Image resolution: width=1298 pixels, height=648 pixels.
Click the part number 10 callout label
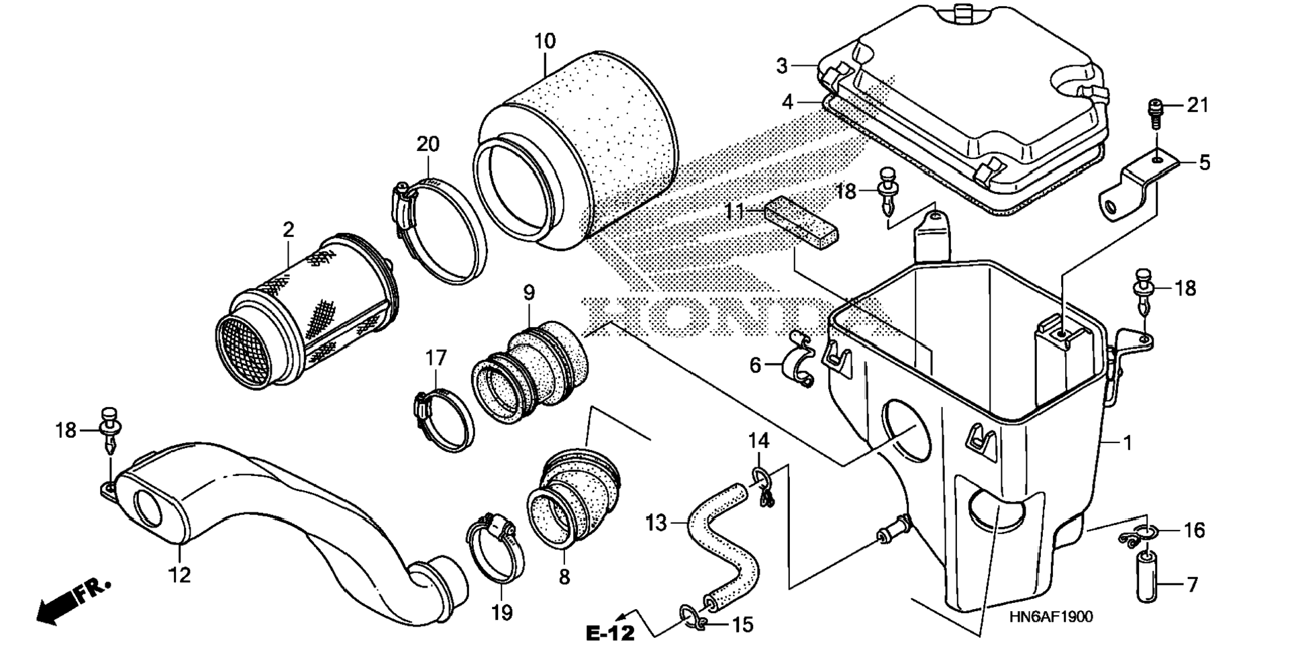[545, 41]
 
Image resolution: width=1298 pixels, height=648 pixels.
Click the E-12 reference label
[609, 632]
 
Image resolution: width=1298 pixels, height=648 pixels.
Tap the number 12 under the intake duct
[180, 575]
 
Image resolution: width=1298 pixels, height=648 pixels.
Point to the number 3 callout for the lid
[781, 66]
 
